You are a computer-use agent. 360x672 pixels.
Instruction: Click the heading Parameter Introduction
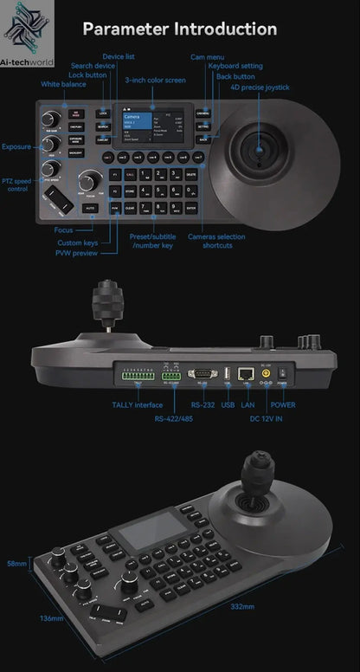tap(179, 29)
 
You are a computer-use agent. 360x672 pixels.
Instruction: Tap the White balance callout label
tap(63, 85)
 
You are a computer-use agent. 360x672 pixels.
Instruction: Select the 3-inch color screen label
tap(155, 80)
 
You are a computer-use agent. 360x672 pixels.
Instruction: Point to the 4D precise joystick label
tap(260, 87)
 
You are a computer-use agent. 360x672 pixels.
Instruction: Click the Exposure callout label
tap(16, 147)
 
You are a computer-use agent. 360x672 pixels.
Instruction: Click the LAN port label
tap(248, 404)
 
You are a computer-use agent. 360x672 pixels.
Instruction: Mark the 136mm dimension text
tap(29, 618)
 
